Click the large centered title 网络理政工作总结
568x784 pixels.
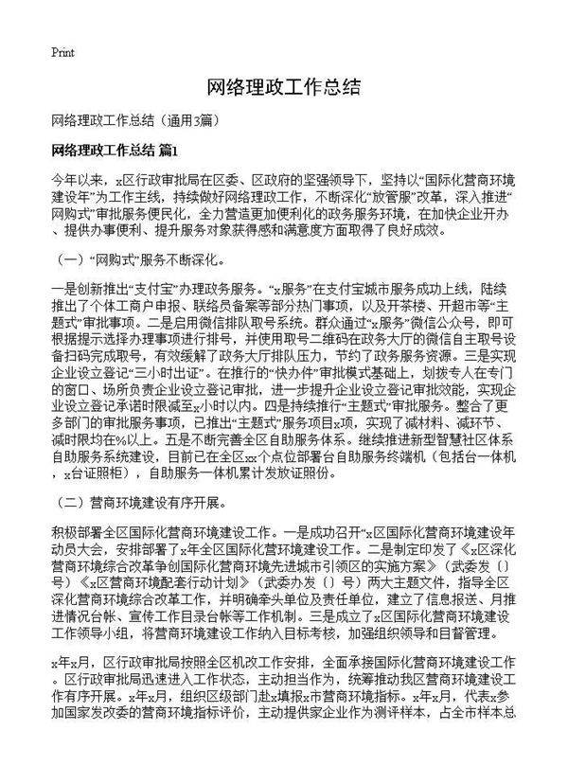(283, 88)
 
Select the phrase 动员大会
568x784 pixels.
(81, 544)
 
